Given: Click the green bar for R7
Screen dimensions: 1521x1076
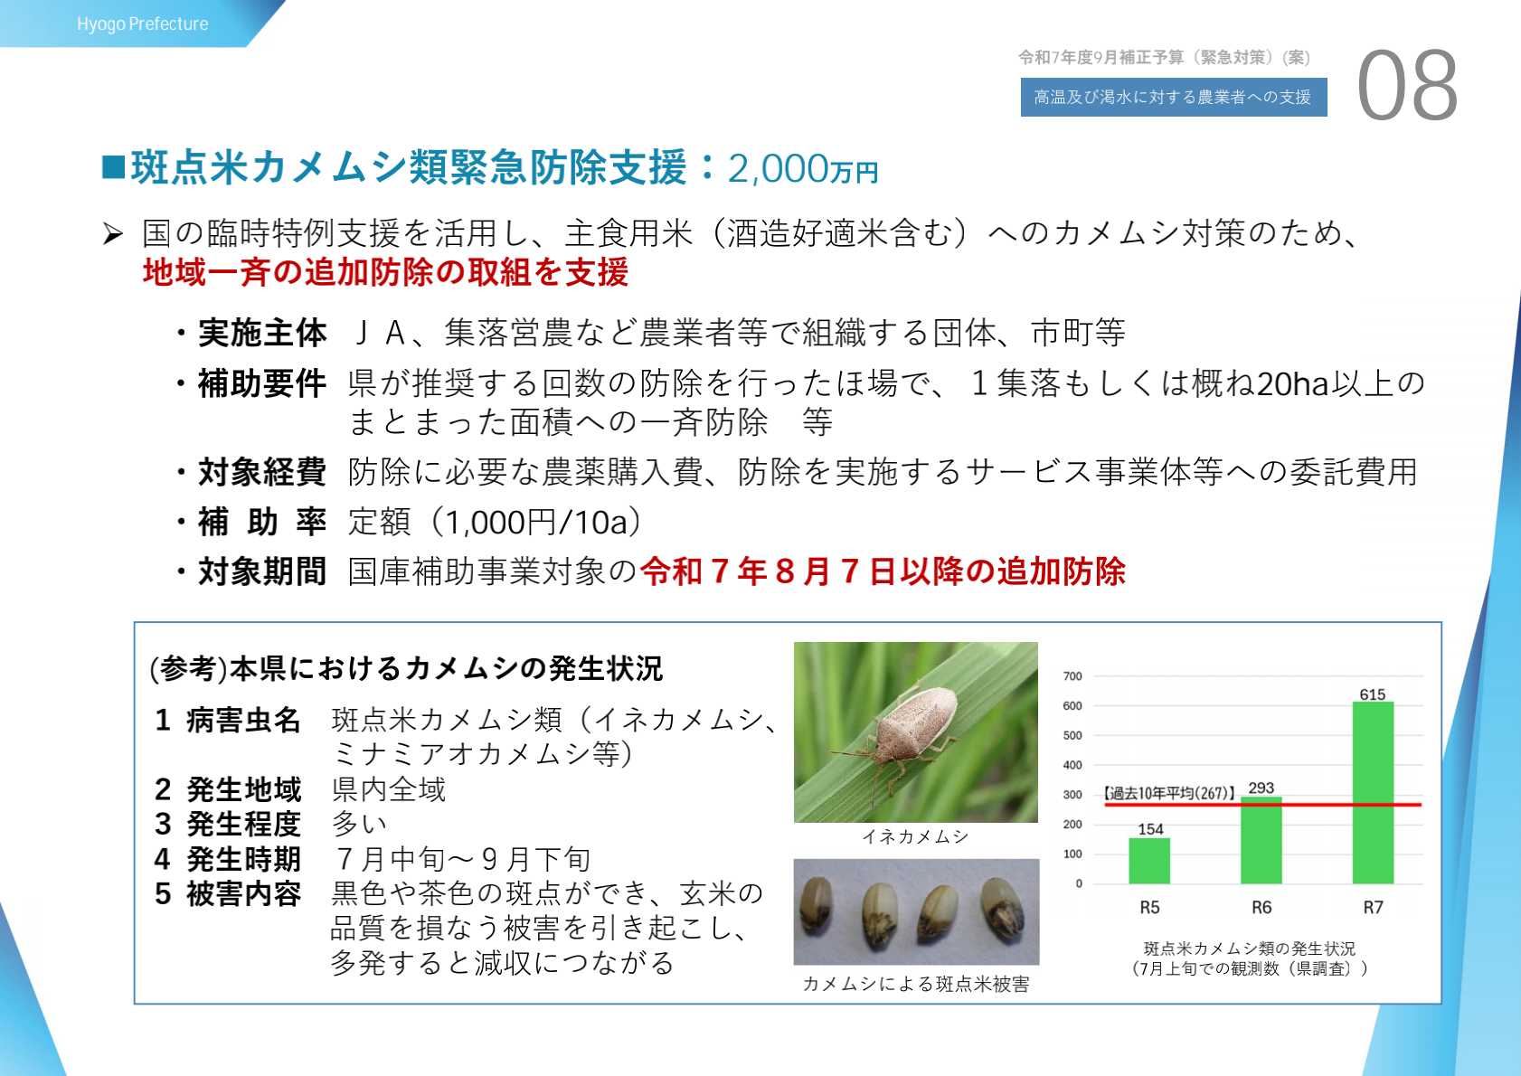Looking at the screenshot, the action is coord(1373,793).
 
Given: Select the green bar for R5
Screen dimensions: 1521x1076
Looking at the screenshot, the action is coord(1149,861).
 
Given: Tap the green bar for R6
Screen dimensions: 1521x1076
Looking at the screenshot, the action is coord(1261,840).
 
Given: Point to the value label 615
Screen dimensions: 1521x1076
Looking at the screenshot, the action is coord(1373,694).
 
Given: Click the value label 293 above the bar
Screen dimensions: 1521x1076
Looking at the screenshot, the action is coord(1261,788).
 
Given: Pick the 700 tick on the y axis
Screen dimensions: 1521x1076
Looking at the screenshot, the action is coord(1072,676).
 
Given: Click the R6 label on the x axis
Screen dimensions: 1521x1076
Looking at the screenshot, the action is coord(1261,907).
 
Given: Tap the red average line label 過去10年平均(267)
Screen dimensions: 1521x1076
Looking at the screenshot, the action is coord(1168,793).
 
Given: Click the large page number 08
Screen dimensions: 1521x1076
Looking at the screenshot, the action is coord(1407,86).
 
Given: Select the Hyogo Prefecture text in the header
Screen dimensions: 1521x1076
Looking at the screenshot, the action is coord(143,24).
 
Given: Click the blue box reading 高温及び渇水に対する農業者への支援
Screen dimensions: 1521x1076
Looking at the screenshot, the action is coord(1174,97).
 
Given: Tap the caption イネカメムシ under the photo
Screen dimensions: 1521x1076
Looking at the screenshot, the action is coord(915,837).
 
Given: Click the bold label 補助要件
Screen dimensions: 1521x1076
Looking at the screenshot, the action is coord(262,383).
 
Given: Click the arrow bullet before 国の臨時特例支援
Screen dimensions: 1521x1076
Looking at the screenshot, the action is coord(113,234).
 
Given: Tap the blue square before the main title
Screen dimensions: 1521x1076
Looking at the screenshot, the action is coord(113,167).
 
